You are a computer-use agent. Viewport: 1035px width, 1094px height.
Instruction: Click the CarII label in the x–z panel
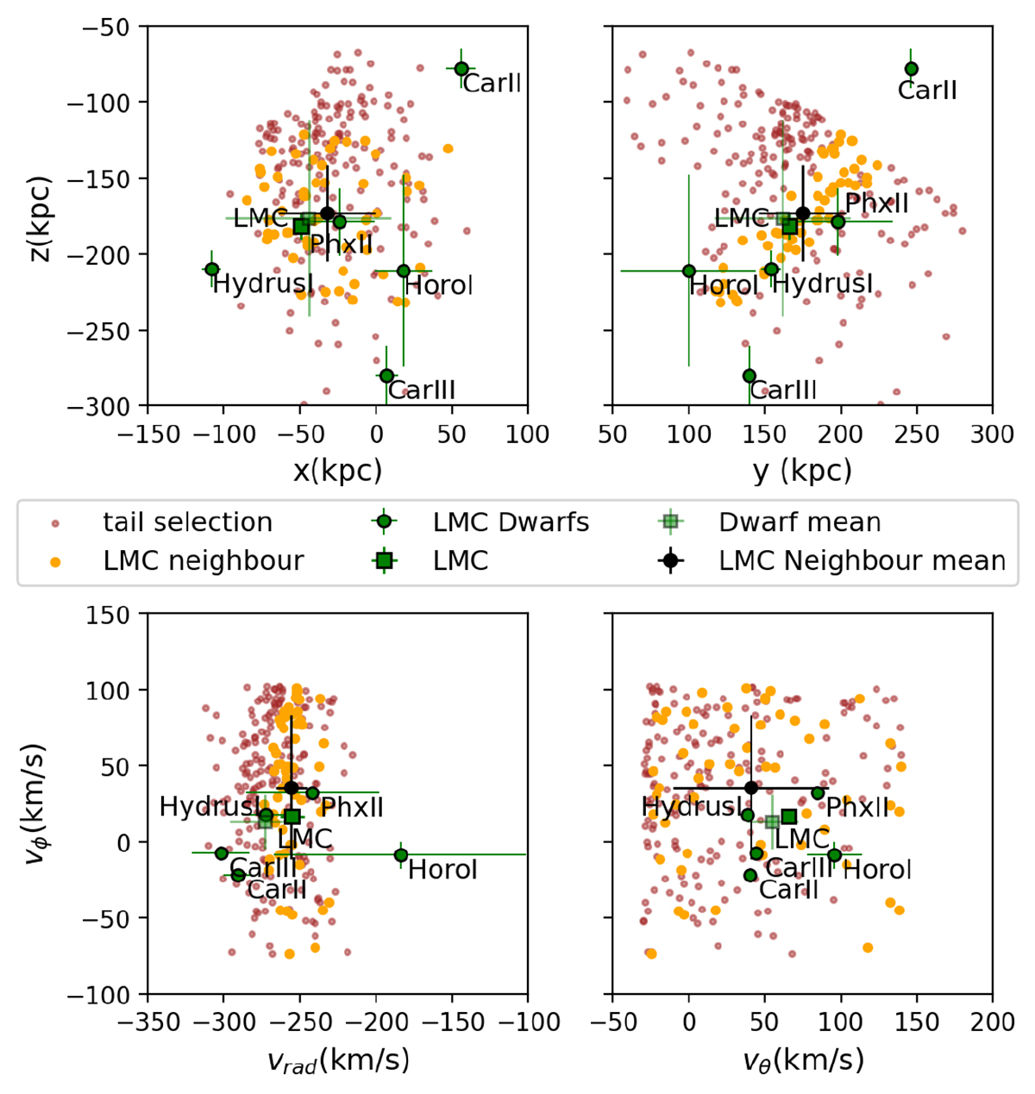pos(492,84)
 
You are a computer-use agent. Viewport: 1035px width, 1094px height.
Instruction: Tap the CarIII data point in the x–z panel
pos(386,375)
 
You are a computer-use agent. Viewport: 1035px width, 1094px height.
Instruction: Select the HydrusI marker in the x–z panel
pos(211,269)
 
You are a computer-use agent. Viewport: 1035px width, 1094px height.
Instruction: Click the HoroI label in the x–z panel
pos(439,285)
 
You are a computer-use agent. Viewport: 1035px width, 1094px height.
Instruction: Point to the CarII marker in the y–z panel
pos(912,69)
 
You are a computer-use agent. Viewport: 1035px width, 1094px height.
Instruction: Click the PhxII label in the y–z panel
pos(877,203)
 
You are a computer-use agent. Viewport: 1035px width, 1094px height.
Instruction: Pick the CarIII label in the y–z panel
pos(783,390)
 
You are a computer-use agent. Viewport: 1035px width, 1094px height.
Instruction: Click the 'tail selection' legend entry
pos(187,522)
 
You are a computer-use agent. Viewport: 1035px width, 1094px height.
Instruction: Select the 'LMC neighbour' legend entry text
pos(204,561)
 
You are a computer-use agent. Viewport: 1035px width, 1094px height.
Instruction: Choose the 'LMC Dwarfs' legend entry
pos(511,522)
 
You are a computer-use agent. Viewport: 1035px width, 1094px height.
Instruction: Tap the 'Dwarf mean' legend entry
pos(800,522)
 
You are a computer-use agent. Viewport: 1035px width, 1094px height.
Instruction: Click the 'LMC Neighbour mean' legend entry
pos(862,561)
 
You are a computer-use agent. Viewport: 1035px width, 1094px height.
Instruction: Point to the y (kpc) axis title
pos(801,470)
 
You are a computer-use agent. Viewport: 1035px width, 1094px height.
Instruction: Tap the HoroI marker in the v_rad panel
pos(401,855)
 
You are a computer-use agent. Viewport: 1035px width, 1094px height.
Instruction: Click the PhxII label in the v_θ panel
pos(857,808)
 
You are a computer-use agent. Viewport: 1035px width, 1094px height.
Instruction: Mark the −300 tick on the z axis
pos(104,406)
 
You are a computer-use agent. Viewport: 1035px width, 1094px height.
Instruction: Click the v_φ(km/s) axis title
pos(34,804)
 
